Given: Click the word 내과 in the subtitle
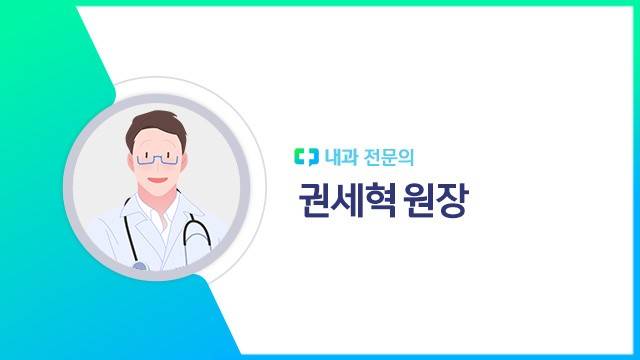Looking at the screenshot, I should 339,157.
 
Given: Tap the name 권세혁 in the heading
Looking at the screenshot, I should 345,203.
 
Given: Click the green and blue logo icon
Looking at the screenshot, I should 305,157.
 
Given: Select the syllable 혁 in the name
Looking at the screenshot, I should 376,203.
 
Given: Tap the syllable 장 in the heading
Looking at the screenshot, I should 451,203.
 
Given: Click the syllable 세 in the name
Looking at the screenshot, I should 345,203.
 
